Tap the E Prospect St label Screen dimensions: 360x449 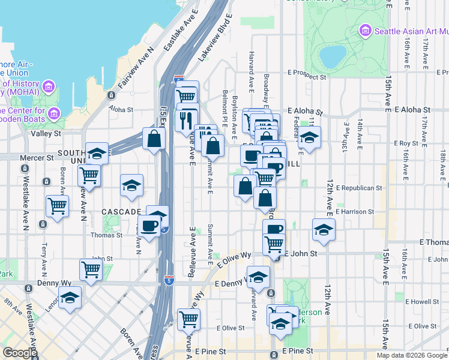coord(307,77)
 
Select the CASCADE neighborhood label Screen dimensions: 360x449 coord(120,212)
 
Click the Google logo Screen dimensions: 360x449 coord(20,353)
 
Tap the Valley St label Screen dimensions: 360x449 coord(50,134)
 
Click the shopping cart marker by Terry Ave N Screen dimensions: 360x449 coord(58,206)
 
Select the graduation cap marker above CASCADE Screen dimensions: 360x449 coord(131,185)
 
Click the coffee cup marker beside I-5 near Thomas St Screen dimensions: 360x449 coord(149,226)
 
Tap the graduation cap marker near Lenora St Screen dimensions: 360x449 coord(70,297)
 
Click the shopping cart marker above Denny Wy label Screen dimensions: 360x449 coord(91,269)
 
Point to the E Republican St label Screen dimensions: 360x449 coord(359,188)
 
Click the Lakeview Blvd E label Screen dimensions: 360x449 coord(215,36)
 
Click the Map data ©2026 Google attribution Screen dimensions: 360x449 coord(412,355)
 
